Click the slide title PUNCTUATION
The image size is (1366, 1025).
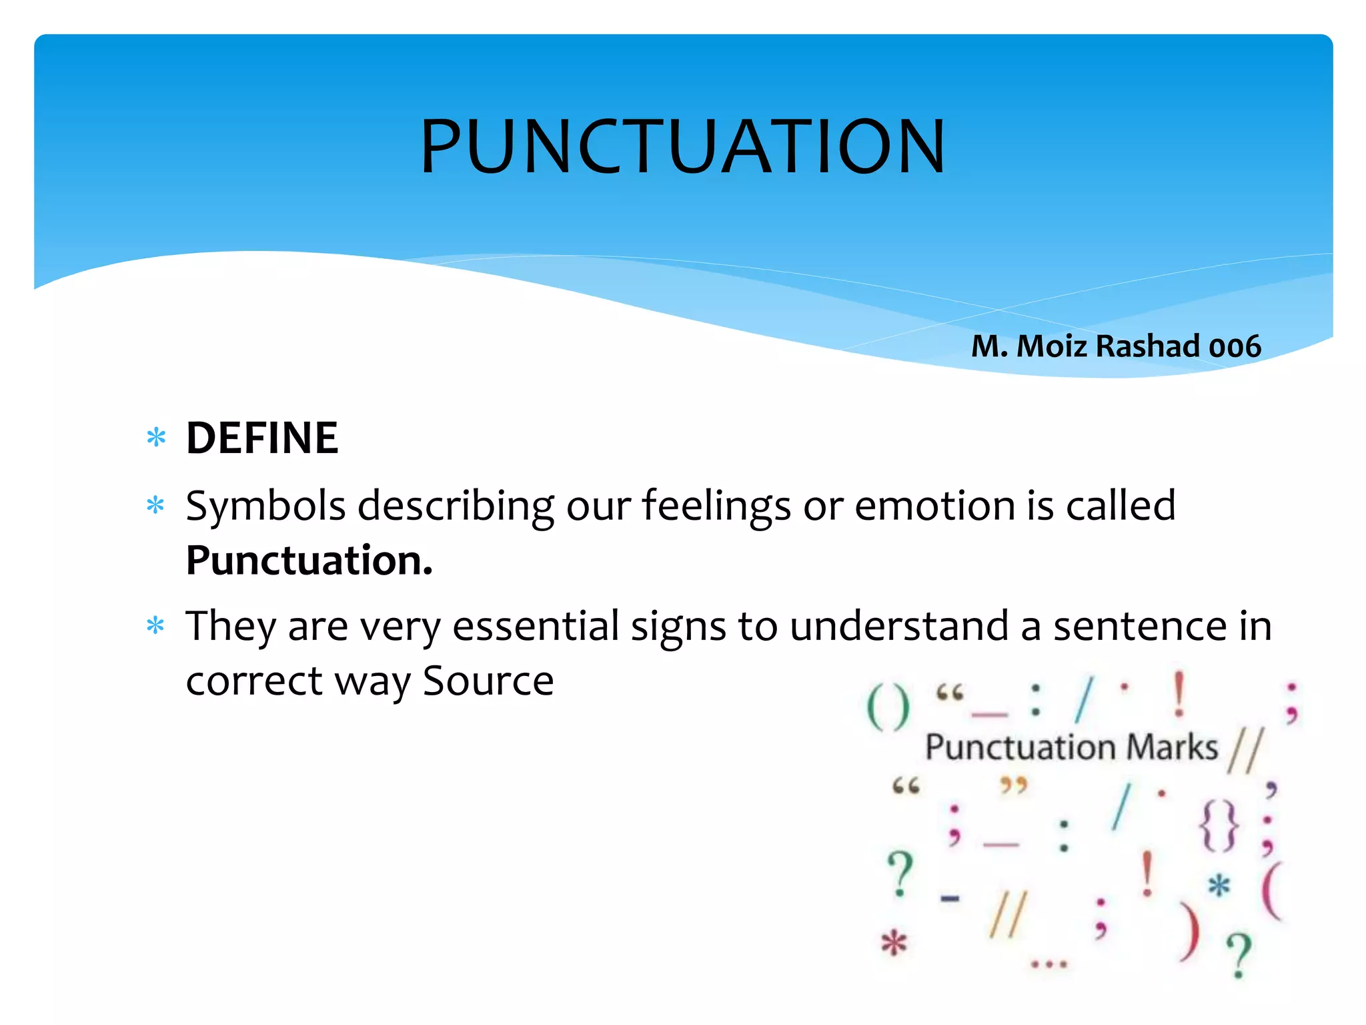[x=682, y=147]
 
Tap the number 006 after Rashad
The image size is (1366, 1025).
[x=1235, y=347]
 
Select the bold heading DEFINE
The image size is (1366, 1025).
[x=262, y=438]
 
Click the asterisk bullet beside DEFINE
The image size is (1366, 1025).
[x=156, y=438]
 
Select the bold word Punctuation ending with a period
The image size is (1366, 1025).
[x=309, y=561]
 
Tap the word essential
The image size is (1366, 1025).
[x=536, y=627]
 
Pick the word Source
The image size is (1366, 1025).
[x=488, y=682]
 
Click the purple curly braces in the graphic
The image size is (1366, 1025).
[x=1219, y=827]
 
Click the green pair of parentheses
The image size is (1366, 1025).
[x=888, y=708]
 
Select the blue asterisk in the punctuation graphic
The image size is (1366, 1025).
[x=1219, y=887]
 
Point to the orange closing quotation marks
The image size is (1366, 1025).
[x=1013, y=785]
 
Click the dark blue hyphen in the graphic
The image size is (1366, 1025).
[x=950, y=898]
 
